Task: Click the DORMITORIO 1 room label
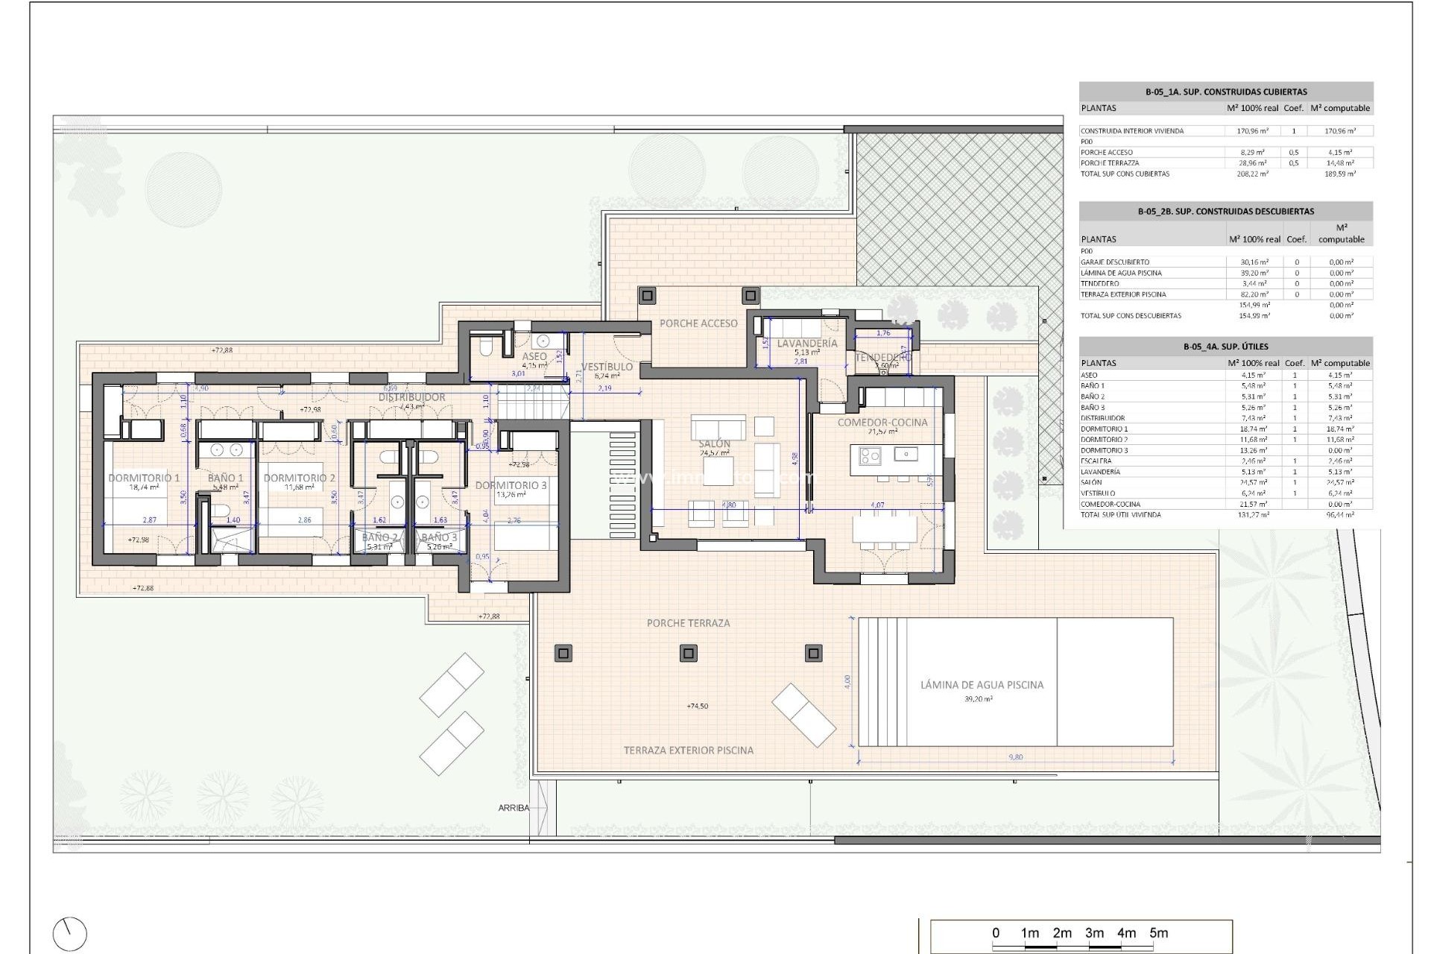coord(144,478)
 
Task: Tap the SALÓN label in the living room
coord(714,443)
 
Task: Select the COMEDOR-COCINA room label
coord(882,422)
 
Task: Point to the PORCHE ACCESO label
coord(698,323)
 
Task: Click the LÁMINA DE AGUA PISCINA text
coord(982,684)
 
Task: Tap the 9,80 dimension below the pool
coord(1015,757)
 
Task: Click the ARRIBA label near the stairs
coord(514,808)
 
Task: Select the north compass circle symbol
coord(70,934)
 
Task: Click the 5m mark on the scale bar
coord(1158,933)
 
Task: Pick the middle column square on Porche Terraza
coord(688,654)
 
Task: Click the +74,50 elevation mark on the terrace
coord(697,706)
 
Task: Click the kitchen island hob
coord(870,455)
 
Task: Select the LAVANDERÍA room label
coord(807,344)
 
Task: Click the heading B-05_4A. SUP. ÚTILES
coord(1225,347)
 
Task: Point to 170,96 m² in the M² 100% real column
coord(1252,131)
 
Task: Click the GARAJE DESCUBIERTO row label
coord(1115,262)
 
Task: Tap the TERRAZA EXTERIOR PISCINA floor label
coord(688,751)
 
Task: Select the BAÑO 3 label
coord(438,537)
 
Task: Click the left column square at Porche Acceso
coord(647,296)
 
